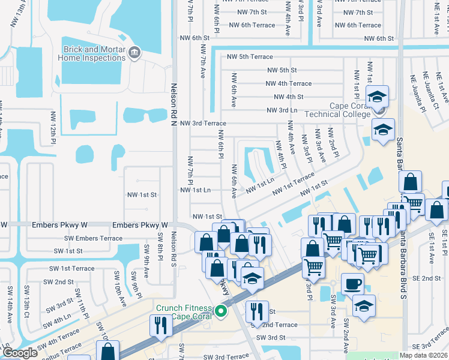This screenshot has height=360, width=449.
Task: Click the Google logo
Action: [x=19, y=353]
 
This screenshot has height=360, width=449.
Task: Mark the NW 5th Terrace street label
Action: [x=250, y=57]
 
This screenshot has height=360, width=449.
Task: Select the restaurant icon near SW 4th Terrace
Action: [x=161, y=325]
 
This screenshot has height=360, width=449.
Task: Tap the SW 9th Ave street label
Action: [x=146, y=256]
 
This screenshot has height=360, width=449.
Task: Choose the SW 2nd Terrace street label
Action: [x=276, y=325]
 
